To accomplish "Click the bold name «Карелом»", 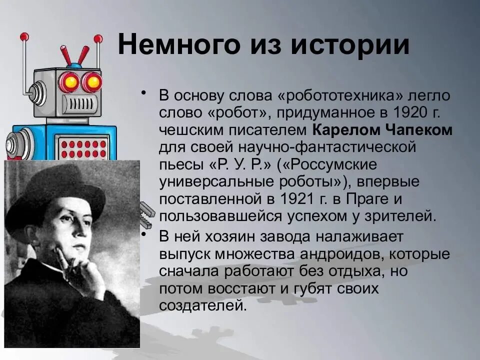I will (347, 130).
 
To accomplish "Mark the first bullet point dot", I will (144, 93).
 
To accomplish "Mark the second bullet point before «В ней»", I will (144, 235).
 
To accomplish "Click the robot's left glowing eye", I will (70, 81).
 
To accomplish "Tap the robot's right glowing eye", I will (92, 81).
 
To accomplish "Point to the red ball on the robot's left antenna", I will (24, 36).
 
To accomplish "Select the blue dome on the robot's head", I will (75, 65).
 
